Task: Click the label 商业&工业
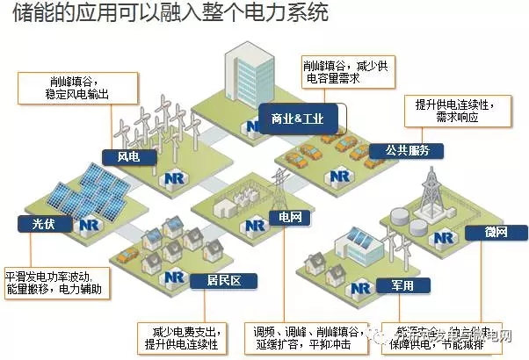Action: pos(299,118)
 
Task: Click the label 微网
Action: pos(496,232)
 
